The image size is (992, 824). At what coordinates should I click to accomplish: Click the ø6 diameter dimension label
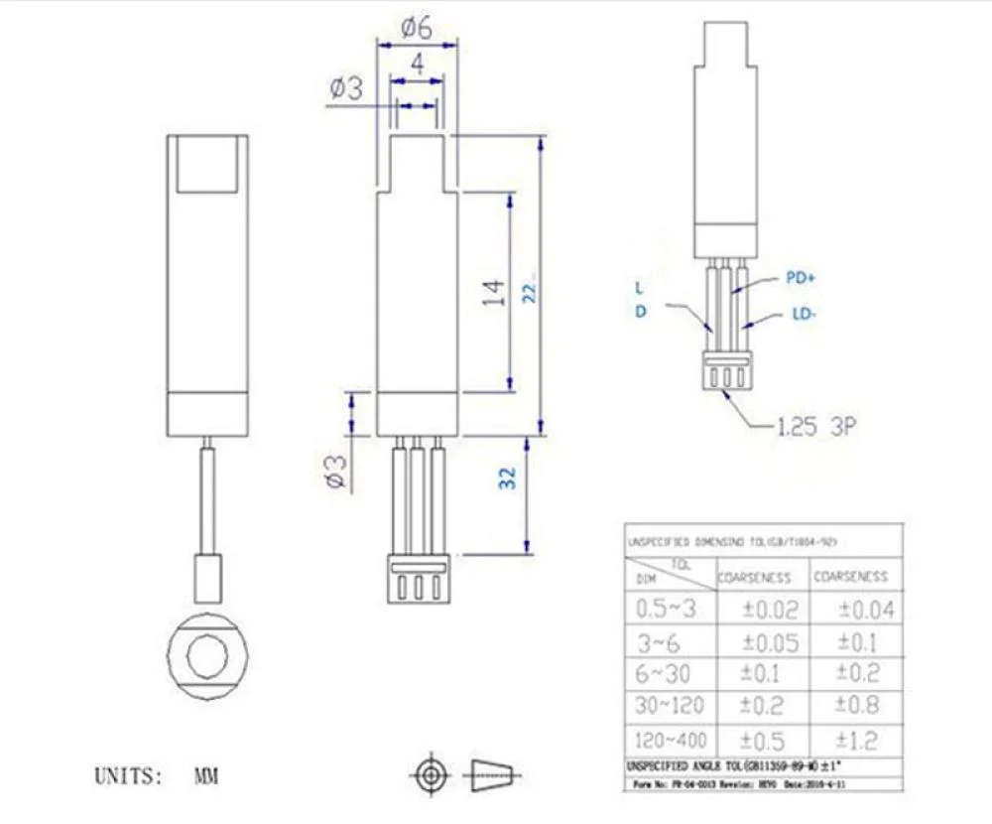[x=417, y=28]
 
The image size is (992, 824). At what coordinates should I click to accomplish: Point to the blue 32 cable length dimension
[x=508, y=479]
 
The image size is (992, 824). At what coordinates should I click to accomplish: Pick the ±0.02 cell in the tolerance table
[x=771, y=609]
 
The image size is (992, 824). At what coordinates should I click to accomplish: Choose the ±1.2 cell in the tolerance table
[x=859, y=741]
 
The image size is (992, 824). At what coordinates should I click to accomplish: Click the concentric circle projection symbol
[x=430, y=772]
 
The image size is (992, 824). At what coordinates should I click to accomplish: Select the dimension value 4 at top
[x=418, y=66]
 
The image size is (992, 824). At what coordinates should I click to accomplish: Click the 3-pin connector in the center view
[x=417, y=580]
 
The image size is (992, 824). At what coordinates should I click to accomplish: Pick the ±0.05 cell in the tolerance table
[x=771, y=642]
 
